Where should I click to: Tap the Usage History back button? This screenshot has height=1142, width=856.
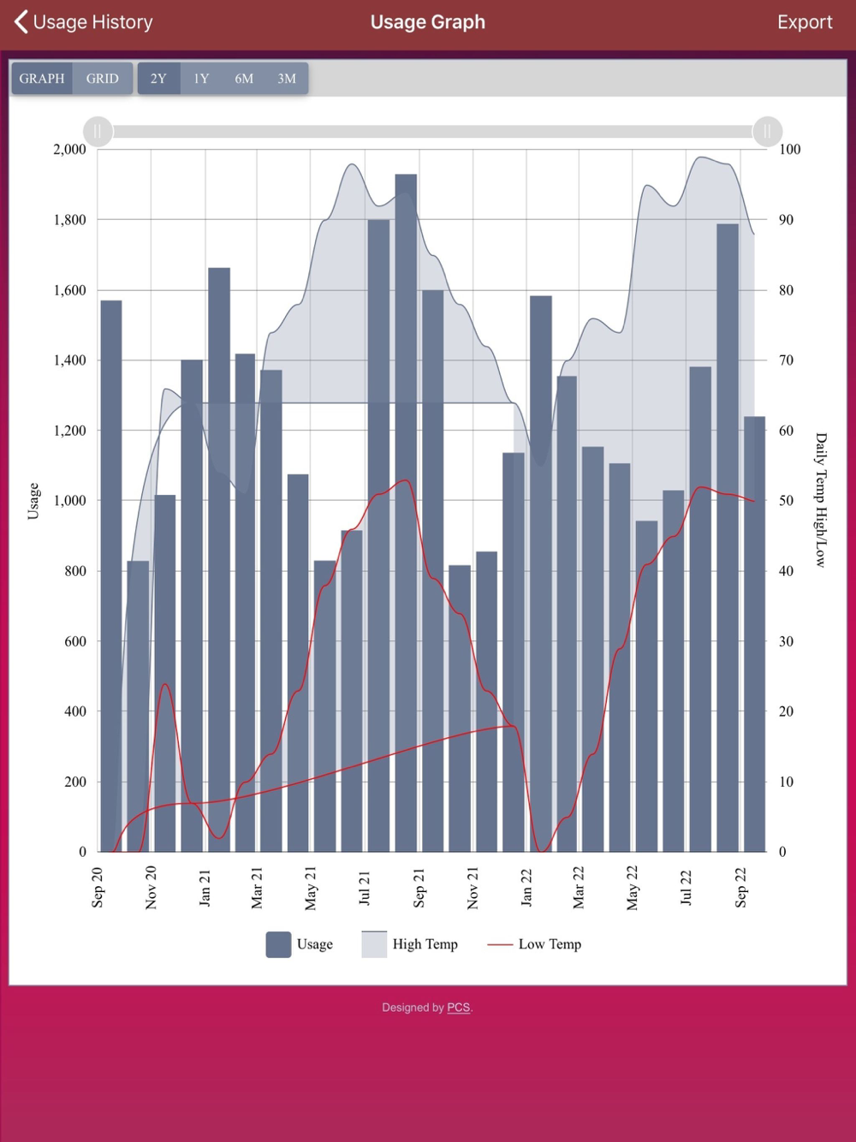pyautogui.click(x=83, y=22)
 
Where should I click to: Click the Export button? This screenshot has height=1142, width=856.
pyautogui.click(x=804, y=22)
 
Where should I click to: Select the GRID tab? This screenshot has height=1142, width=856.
pyautogui.click(x=103, y=79)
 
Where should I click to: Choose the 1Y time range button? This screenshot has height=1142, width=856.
pyautogui.click(x=201, y=79)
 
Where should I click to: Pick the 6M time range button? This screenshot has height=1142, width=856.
pyautogui.click(x=244, y=79)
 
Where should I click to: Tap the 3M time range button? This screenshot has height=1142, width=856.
pyautogui.click(x=287, y=79)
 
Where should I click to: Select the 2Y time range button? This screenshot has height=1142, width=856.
pyautogui.click(x=158, y=79)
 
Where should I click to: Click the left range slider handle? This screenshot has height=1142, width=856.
pyautogui.click(x=98, y=131)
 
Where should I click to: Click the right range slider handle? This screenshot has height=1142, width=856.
pyautogui.click(x=767, y=131)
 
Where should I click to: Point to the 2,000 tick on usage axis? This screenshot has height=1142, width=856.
pyautogui.click(x=69, y=149)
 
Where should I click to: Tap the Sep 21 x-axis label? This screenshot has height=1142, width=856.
pyautogui.click(x=419, y=887)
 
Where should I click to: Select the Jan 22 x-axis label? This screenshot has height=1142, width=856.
pyautogui.click(x=526, y=887)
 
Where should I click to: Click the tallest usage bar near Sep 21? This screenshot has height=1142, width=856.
pyautogui.click(x=406, y=514)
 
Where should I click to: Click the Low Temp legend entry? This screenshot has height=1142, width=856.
pyautogui.click(x=534, y=944)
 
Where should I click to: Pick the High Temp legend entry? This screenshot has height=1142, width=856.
pyautogui.click(x=410, y=944)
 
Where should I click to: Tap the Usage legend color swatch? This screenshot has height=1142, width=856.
pyautogui.click(x=278, y=944)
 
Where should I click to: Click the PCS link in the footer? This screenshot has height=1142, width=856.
pyautogui.click(x=458, y=1008)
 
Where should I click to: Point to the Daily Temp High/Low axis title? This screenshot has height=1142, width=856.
pyautogui.click(x=821, y=500)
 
